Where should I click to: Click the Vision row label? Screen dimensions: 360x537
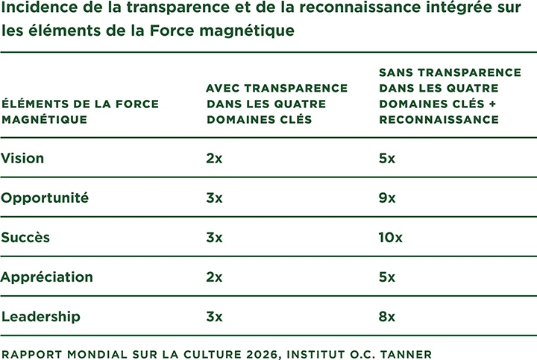23,158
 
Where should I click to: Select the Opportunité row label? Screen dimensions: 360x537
45,198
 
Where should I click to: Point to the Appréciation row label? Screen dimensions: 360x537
47,277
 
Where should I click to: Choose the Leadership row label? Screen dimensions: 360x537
41,317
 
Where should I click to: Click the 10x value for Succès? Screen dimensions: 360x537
391,237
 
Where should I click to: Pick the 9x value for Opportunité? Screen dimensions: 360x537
387,198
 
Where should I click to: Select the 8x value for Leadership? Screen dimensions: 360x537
387,317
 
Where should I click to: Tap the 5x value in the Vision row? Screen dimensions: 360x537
387,158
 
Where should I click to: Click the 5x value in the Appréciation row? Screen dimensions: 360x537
387,277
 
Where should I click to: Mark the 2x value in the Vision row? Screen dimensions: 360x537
214,158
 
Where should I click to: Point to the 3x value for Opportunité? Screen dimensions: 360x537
214,198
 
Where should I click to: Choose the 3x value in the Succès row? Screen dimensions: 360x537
214,237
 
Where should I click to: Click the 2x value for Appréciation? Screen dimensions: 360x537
214,277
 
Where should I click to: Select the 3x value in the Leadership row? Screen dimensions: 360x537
214,317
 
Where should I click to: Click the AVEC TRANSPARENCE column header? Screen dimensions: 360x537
277,104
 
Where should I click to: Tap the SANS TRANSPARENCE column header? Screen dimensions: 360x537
450,95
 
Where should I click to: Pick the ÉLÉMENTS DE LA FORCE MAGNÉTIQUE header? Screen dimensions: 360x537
80,111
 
